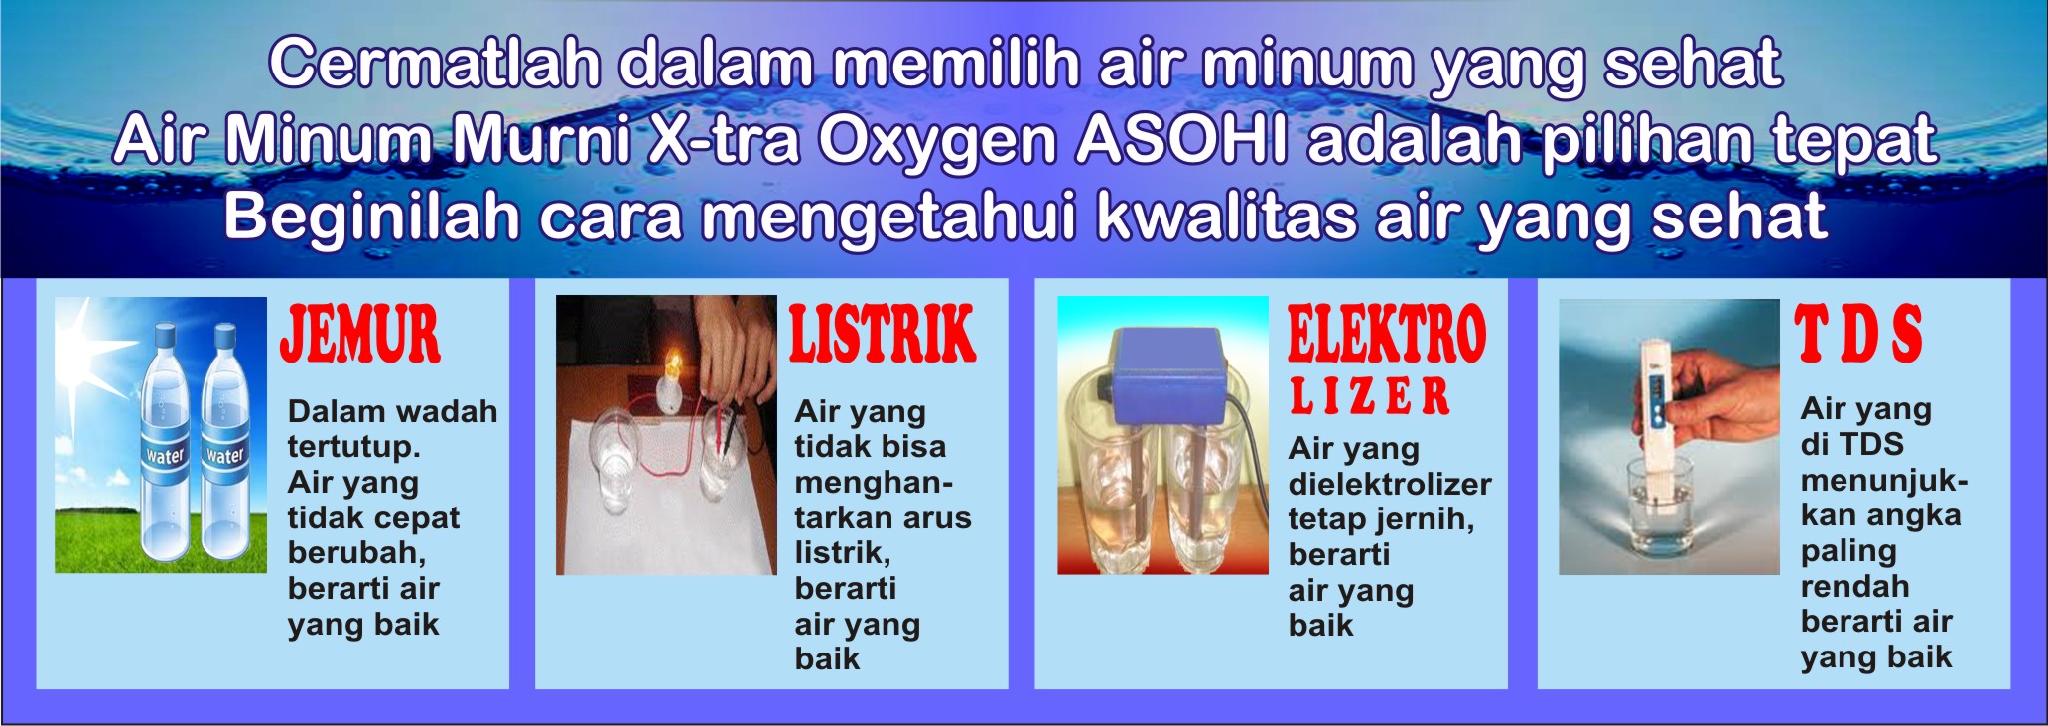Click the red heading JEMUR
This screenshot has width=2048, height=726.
[360, 335]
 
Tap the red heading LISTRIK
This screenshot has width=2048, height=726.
[883, 335]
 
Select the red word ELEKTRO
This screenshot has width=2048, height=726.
[1387, 335]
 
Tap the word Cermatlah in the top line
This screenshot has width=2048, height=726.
[435, 64]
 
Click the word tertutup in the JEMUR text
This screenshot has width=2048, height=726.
[353, 447]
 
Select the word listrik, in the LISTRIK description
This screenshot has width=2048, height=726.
[843, 553]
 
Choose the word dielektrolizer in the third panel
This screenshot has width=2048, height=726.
[1390, 484]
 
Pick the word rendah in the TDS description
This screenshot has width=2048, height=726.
[1854, 586]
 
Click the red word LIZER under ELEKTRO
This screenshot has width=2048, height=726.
[1370, 395]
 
